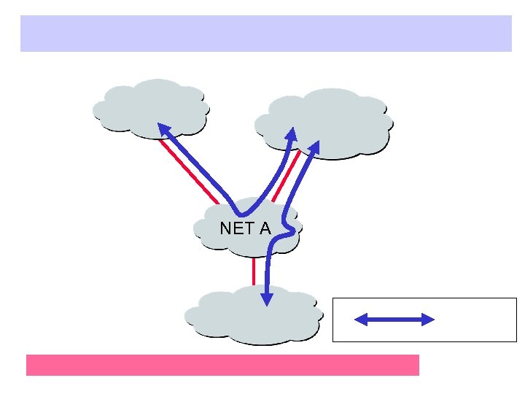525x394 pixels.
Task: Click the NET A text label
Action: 245,228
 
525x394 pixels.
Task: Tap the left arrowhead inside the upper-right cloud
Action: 292,134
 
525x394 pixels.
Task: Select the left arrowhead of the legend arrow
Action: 360,319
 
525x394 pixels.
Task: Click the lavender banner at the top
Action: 265,34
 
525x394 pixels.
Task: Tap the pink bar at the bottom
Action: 222,365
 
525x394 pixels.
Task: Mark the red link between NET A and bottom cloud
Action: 254,270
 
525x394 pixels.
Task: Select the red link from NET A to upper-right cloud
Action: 286,175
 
